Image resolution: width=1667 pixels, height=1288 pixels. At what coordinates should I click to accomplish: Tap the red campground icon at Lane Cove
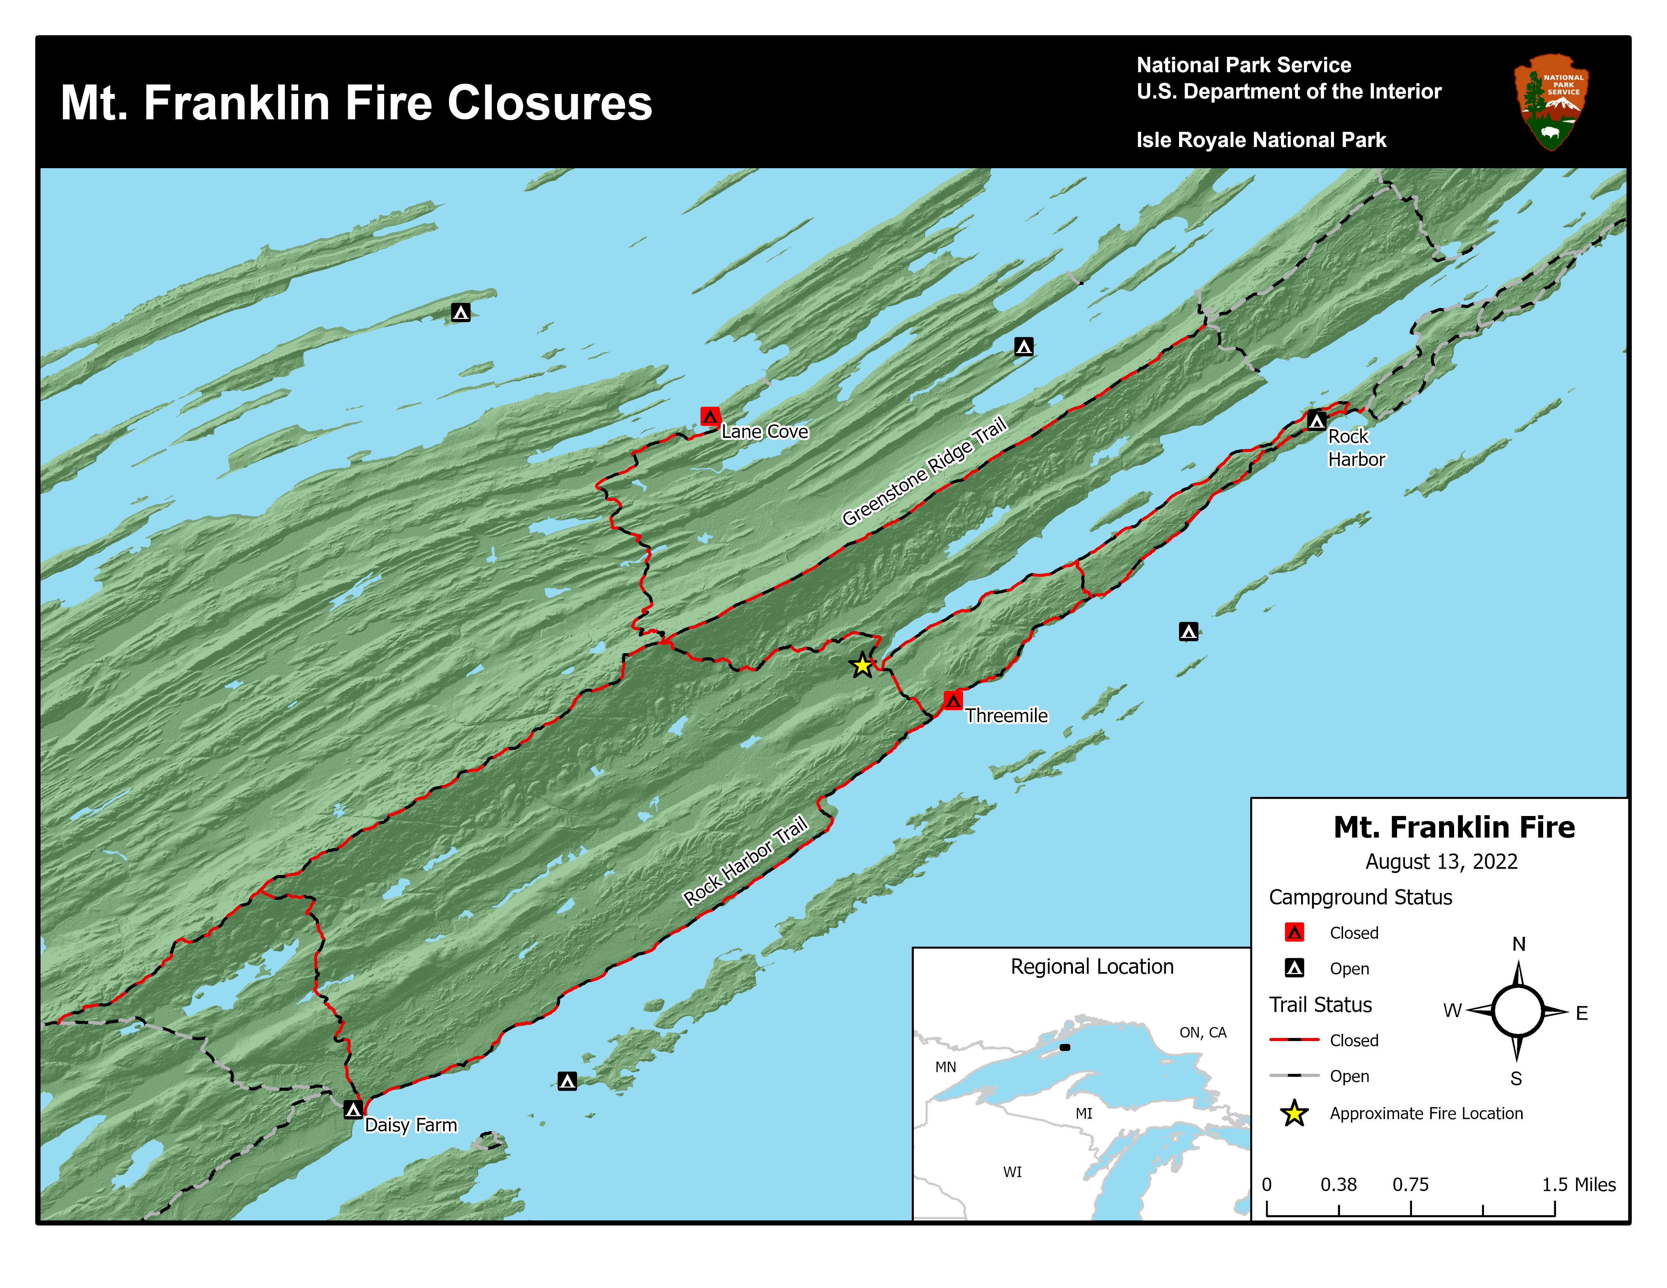point(710,416)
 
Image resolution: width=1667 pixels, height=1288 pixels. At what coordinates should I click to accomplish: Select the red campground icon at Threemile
point(952,700)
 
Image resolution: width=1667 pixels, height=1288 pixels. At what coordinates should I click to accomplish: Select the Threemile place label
point(1006,716)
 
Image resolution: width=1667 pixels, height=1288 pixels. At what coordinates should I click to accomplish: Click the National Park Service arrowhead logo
point(1551,102)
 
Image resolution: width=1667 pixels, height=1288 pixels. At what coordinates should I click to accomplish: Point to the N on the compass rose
point(1518,944)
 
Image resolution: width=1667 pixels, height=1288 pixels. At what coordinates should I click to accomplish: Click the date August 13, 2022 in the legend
point(1441,861)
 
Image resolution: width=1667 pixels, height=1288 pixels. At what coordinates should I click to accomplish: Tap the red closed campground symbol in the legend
point(1295,932)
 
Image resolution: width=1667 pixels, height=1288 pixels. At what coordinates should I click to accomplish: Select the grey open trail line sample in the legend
point(1295,1075)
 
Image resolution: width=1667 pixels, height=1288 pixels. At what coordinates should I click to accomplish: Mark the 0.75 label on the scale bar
point(1410,1184)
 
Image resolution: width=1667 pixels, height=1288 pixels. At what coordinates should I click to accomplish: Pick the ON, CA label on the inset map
point(1202,1032)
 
